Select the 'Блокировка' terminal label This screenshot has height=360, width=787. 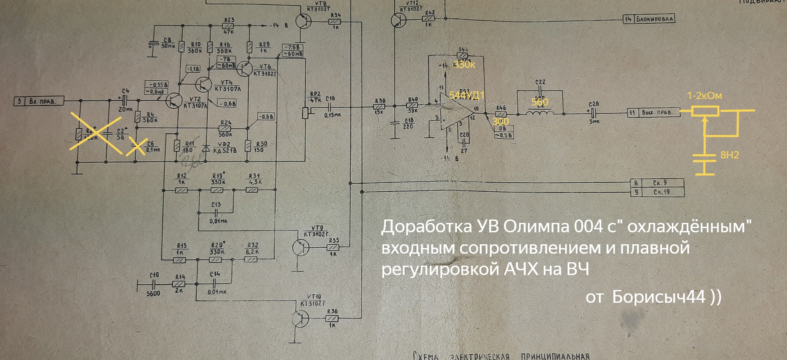click(655, 19)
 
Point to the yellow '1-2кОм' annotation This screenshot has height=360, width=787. click(704, 96)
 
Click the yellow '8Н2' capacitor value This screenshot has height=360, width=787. click(729, 155)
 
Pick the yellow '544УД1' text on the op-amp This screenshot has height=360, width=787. click(466, 95)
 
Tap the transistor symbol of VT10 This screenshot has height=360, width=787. click(300, 319)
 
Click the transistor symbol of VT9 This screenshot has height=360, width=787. click(300, 247)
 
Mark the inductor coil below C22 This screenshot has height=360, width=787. click(540, 113)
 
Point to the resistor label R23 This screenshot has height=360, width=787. click(229, 20)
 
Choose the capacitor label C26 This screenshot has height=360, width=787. click(594, 104)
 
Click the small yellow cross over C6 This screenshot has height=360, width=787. click(137, 146)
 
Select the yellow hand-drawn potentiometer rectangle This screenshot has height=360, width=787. click(705, 111)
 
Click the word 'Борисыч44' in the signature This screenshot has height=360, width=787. click(658, 296)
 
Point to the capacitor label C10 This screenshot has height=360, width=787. click(154, 275)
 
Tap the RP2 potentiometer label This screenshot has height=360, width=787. click(315, 94)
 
